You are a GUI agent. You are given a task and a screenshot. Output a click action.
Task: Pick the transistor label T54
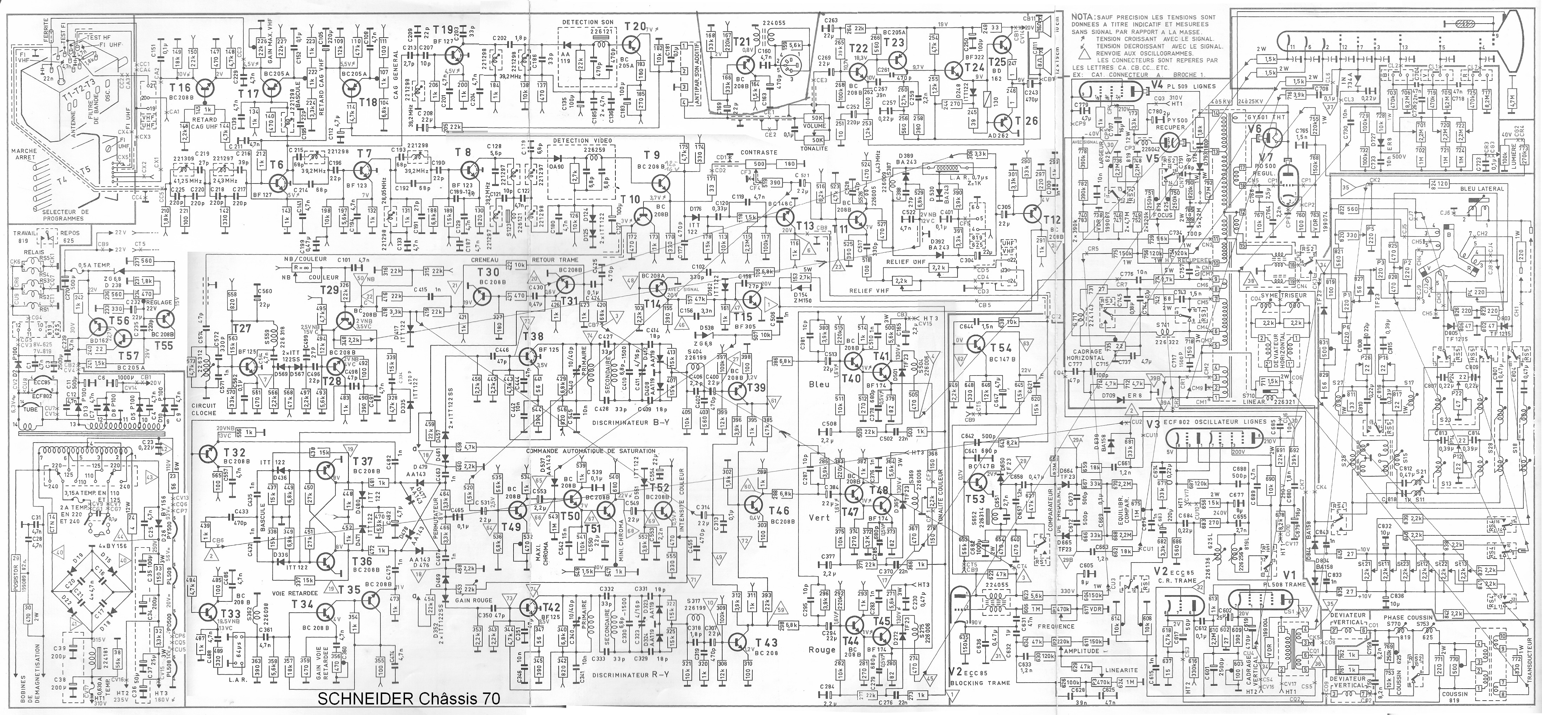tap(1000, 348)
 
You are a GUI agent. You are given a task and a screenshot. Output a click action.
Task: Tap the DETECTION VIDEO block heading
tap(578, 141)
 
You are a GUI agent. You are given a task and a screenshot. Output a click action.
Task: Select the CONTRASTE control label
tap(758, 152)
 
